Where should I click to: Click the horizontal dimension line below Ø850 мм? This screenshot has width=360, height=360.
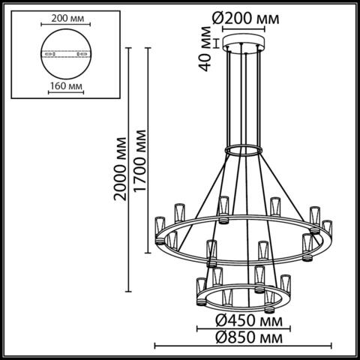coord(241,346)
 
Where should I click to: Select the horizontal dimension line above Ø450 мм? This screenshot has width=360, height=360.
coord(240,313)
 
